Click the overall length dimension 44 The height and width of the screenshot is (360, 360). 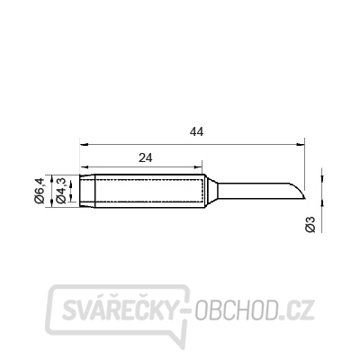pos(196,131)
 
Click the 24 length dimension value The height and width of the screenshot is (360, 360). pos(146,157)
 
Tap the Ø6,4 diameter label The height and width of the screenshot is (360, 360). pos(40,191)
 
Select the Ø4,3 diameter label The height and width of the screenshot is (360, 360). pos(61,191)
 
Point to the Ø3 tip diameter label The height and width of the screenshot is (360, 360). pos(310,224)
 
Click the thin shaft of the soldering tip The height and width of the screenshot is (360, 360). pos(254,191)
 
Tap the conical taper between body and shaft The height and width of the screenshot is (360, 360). pos(211,191)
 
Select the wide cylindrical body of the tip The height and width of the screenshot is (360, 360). pos(150,191)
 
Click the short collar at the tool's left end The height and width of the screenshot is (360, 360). pos(87,191)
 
